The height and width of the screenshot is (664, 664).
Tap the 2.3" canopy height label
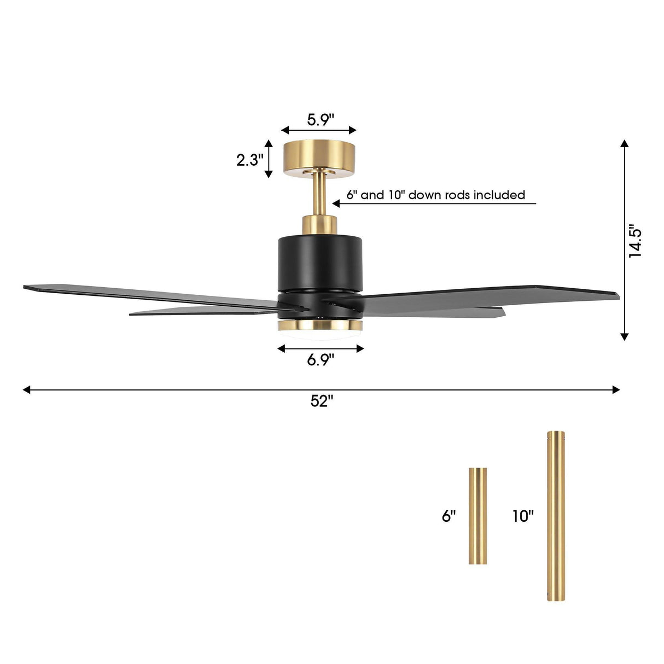250,160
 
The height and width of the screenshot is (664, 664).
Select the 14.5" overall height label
635,241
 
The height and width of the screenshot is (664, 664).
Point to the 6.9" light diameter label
321,360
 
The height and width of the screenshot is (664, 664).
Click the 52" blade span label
322,401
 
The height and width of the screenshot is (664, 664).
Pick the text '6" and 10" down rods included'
435,195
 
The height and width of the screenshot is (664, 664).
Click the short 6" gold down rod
477,516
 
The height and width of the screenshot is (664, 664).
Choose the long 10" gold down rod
556,516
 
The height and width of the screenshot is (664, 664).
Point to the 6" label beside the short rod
449,516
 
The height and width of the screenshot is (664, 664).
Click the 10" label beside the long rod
523,516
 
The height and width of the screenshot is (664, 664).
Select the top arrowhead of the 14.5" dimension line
624,144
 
